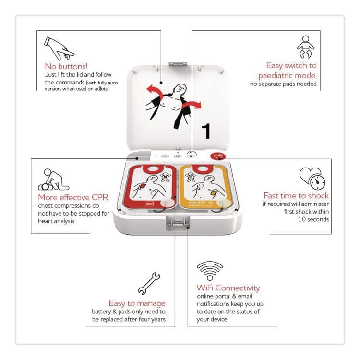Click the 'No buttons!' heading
click(x=67, y=66)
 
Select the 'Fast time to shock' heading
click(x=296, y=196)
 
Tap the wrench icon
click(x=149, y=283)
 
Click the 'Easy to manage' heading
click(x=137, y=303)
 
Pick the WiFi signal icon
click(x=210, y=271)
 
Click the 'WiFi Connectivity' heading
click(x=228, y=288)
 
